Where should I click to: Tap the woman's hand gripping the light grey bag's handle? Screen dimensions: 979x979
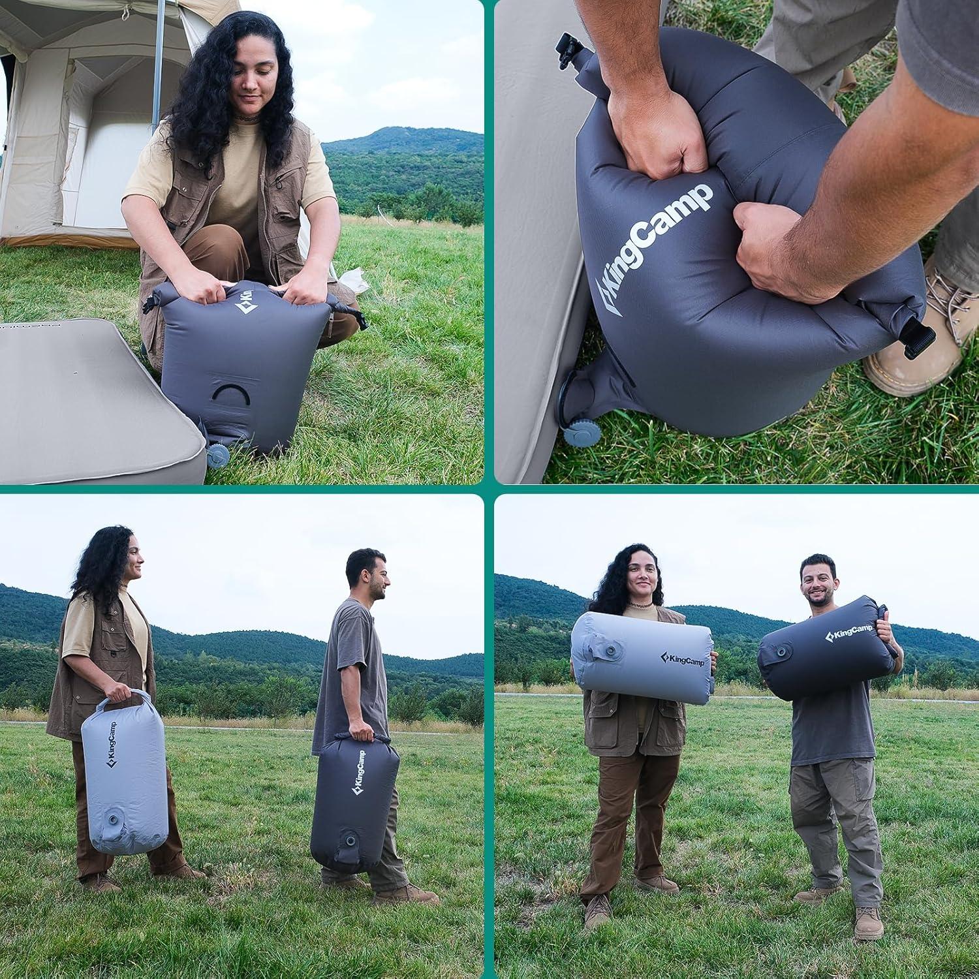[x=118, y=692]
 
